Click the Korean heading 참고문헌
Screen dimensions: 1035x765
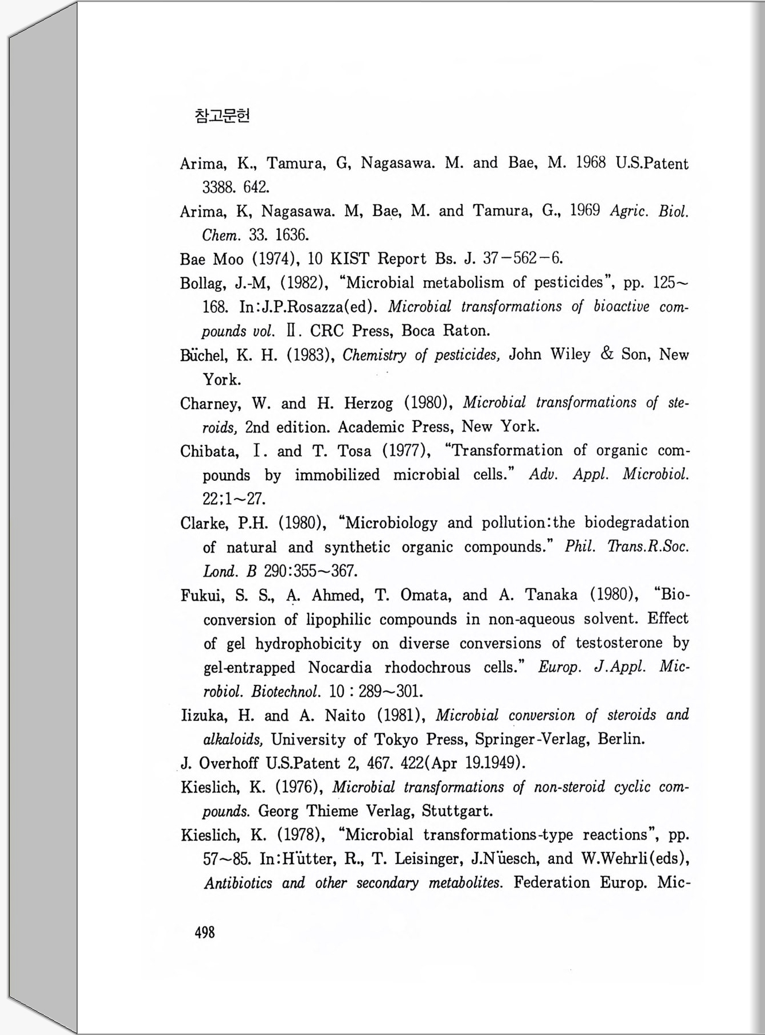pyautogui.click(x=222, y=116)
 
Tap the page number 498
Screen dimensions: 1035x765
pyautogui.click(x=205, y=932)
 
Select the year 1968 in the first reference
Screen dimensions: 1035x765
pyautogui.click(x=590, y=163)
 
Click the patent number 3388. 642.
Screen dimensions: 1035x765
pyautogui.click(x=236, y=187)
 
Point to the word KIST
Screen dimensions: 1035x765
pyautogui.click(x=349, y=259)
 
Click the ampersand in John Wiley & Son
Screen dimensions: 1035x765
pyautogui.click(x=607, y=354)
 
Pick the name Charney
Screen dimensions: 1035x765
pyautogui.click(x=210, y=404)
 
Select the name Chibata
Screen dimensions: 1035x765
pyautogui.click(x=209, y=452)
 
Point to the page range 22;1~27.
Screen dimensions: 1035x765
pyautogui.click(x=234, y=499)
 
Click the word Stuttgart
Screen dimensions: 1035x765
pyautogui.click(x=457, y=811)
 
